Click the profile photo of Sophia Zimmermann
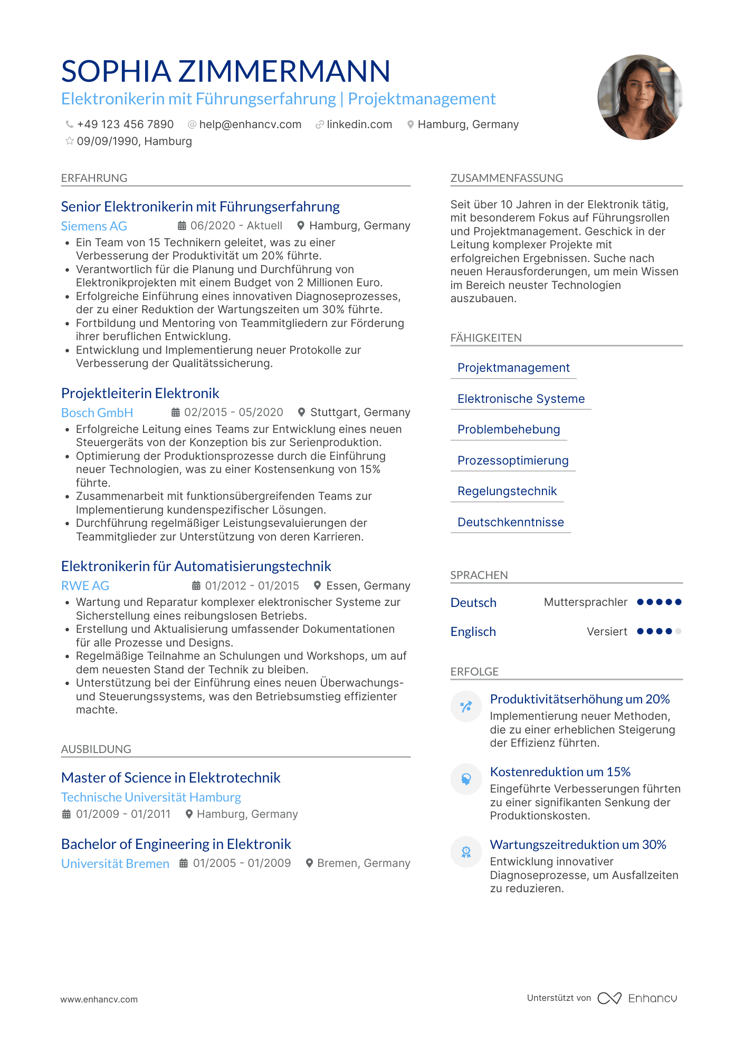640,97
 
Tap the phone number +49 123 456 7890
125,124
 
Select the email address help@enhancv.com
250,124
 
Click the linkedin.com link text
359,124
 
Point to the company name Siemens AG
94,226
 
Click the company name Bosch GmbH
97,413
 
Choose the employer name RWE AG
85,586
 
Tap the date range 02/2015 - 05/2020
233,412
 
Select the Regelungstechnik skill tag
507,491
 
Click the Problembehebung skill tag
509,430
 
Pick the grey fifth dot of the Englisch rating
679,631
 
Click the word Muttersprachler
586,602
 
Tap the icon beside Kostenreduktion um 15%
466,779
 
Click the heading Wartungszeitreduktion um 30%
578,845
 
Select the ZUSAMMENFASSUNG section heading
507,178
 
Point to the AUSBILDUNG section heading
96,749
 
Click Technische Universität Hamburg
151,797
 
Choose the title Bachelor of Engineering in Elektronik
176,844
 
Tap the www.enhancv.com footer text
99,999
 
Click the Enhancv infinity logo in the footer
609,998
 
